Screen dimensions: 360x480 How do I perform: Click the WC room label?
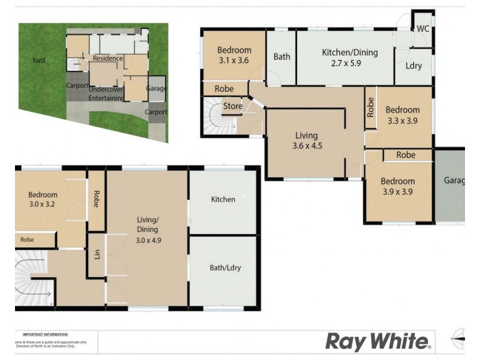422,29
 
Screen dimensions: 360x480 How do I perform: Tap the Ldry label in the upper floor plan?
413,66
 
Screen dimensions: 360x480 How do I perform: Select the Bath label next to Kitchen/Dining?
282,57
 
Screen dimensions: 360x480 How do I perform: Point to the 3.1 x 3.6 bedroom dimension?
233,61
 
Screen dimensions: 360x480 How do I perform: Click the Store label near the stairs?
232,107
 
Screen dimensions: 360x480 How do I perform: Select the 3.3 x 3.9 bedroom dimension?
402,120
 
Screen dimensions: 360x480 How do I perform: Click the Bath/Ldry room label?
225,268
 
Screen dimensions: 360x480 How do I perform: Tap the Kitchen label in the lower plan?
223,199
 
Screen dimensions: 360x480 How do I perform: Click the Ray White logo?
378,342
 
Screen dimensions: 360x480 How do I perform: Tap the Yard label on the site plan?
38,60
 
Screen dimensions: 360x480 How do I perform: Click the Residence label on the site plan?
109,58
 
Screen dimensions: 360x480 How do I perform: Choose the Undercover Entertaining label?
106,93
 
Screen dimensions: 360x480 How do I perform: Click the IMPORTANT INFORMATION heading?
45,334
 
